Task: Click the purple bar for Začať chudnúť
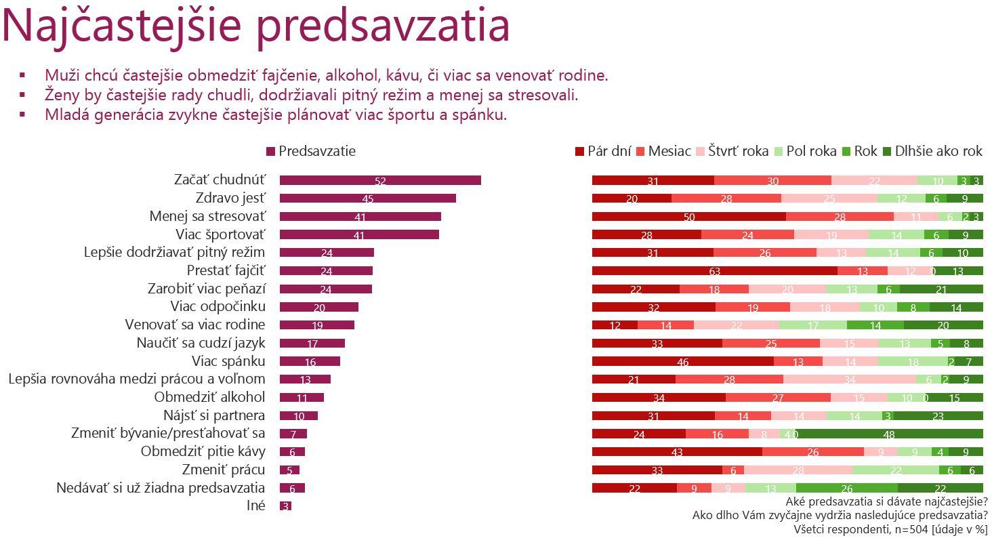380,180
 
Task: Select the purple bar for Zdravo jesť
367,199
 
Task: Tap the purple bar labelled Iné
285,505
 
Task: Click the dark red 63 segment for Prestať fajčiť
714,271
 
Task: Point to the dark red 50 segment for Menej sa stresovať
688,217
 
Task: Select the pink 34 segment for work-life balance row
849,379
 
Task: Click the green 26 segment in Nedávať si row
846,488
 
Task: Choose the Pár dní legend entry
603,151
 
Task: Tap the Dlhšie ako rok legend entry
932,151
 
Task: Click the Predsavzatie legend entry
311,151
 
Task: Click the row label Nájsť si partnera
213,415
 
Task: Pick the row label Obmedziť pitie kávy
203,451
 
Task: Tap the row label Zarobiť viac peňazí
206,289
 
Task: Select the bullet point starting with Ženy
311,95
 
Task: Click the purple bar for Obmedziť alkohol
302,397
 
